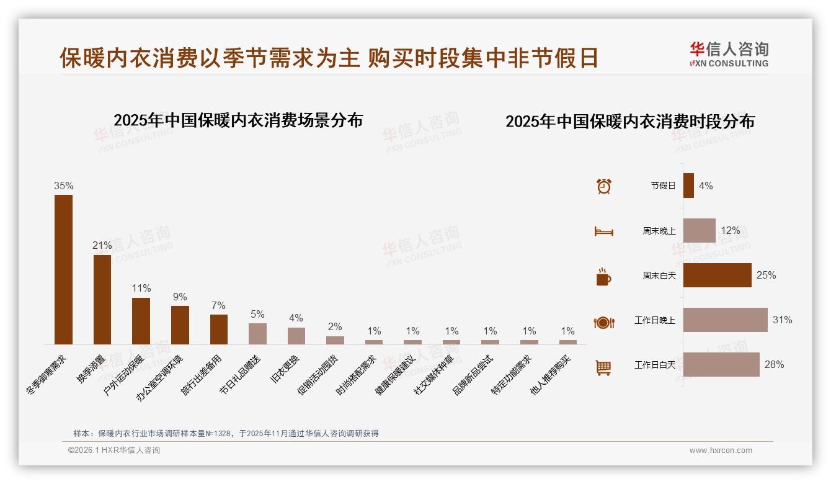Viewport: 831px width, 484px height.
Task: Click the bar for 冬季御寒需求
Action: pyautogui.click(x=63, y=269)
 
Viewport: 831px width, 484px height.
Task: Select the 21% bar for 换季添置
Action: pyautogui.click(x=102, y=299)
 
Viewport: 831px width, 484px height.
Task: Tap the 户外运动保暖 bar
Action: pyautogui.click(x=141, y=321)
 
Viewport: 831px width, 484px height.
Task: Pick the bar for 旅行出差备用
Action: pyautogui.click(x=219, y=329)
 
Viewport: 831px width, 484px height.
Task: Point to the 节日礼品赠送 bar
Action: pyautogui.click(x=257, y=333)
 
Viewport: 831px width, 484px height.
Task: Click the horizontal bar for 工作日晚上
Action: pyautogui.click(x=725, y=320)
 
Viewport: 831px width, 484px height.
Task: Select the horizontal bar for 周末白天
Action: pyautogui.click(x=717, y=275)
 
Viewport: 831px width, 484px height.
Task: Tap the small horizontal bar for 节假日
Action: pyautogui.click(x=688, y=186)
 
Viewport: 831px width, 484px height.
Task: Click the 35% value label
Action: pyautogui.click(x=63, y=186)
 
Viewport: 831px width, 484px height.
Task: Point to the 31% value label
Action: pyautogui.click(x=782, y=320)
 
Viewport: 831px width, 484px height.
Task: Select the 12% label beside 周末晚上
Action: pyautogui.click(x=730, y=230)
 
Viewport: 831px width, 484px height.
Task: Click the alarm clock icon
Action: pyautogui.click(x=603, y=186)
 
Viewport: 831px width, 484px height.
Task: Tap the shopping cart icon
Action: pyautogui.click(x=603, y=367)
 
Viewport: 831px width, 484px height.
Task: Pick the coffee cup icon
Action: pyautogui.click(x=603, y=277)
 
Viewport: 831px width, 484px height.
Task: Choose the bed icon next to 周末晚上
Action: pyautogui.click(x=603, y=231)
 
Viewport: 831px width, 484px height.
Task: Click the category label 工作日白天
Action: pyautogui.click(x=654, y=365)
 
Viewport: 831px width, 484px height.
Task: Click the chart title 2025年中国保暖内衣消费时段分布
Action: pyautogui.click(x=629, y=122)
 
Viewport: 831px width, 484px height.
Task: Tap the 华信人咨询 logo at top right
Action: pyautogui.click(x=729, y=54)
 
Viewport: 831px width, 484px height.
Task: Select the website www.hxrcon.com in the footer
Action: pyautogui.click(x=721, y=450)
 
